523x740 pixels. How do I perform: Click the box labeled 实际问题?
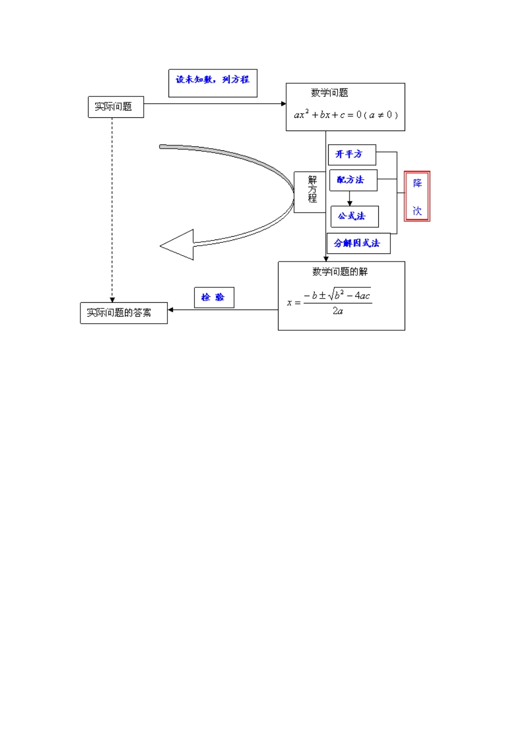(116, 107)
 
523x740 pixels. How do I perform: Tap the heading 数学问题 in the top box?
(329, 92)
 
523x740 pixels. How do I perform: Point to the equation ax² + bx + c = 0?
(346, 115)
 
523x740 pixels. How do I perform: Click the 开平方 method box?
(352, 155)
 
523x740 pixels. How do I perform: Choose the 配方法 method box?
(353, 180)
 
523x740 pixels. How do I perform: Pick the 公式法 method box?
(354, 216)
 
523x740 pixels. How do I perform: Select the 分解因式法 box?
(358, 243)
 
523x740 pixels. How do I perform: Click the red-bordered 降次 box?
(417, 197)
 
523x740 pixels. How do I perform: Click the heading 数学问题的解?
(340, 271)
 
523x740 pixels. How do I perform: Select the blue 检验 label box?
(214, 297)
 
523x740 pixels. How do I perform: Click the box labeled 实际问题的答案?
(123, 313)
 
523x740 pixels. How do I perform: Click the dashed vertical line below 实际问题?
(112, 209)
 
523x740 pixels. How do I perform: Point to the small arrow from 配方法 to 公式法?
(350, 199)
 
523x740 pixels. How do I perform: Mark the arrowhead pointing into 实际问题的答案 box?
(171, 310)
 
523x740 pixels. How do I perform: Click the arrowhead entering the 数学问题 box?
(284, 104)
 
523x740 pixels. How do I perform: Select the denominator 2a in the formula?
(337, 311)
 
